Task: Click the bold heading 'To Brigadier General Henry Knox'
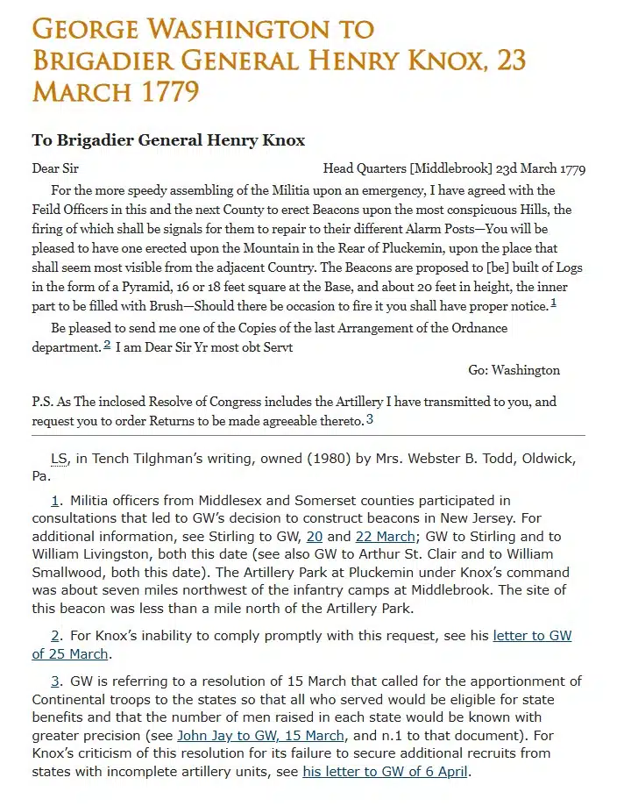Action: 168,140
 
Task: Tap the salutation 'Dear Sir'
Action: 55,168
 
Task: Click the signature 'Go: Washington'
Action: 514,370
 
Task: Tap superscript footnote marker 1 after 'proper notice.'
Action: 553,303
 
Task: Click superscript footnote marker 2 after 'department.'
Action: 107,345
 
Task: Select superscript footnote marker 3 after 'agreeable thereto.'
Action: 370,419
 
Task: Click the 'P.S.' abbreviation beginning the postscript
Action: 43,402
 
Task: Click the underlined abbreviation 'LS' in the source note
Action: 60,460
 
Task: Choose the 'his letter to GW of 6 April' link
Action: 386,772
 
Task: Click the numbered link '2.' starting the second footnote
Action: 55,635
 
